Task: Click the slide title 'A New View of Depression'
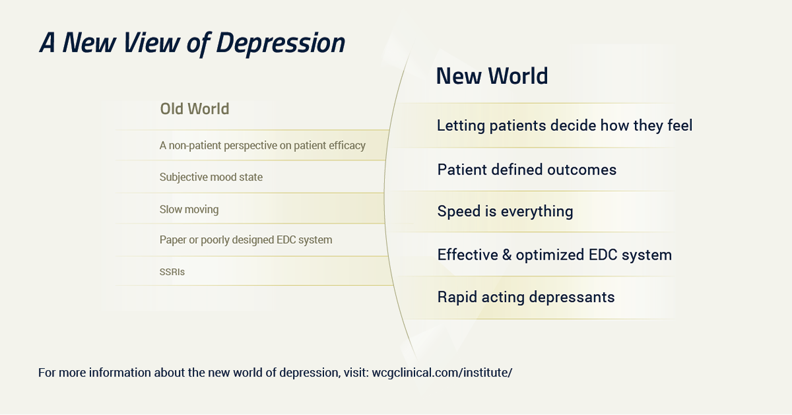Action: pos(192,43)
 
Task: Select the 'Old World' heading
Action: pos(195,109)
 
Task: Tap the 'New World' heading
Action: pos(492,76)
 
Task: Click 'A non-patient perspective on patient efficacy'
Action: pos(263,145)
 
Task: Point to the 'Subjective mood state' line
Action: pos(211,177)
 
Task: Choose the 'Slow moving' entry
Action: pos(189,209)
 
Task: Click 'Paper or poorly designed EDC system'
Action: pos(246,240)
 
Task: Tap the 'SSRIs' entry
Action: pos(172,272)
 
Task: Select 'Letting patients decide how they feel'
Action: pos(565,126)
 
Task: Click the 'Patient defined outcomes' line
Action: pos(527,170)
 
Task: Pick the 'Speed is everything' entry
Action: pos(506,211)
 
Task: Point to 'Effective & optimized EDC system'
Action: pos(554,255)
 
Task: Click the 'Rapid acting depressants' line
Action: pos(526,297)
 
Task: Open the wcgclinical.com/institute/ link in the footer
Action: pos(442,373)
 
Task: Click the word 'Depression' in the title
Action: pos(280,43)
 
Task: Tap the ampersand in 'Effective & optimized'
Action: pos(507,255)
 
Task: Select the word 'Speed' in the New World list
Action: pos(459,211)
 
